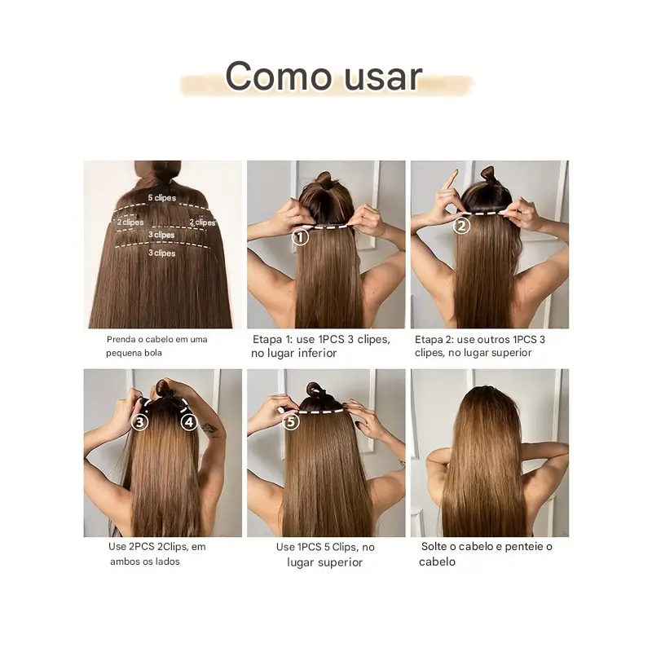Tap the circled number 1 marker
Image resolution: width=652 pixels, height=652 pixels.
[300, 237]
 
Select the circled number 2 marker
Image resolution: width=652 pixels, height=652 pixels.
[461, 227]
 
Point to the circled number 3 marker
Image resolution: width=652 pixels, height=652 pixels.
[139, 422]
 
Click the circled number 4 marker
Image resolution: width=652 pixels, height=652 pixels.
[189, 422]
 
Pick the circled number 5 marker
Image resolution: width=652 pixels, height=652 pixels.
[291, 422]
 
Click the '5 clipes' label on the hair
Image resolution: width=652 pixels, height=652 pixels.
[162, 198]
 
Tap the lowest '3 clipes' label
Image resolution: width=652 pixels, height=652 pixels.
[162, 253]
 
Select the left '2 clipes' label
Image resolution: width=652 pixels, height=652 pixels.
[130, 222]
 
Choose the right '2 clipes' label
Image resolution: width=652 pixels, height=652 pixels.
[202, 222]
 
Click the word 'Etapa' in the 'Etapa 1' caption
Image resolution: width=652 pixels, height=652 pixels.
[267, 339]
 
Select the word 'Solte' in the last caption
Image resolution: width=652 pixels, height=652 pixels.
[434, 546]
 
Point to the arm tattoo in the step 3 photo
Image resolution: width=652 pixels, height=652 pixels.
[209, 429]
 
